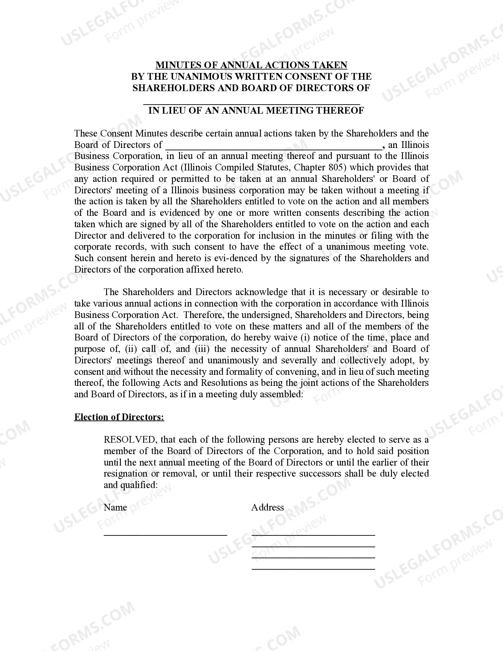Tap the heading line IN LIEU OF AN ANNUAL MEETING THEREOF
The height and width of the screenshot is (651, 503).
point(256,110)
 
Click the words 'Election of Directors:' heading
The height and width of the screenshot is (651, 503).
point(119,417)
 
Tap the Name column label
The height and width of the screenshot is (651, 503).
point(115,507)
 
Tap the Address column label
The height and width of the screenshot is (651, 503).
point(267,507)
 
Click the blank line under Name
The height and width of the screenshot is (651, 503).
point(165,535)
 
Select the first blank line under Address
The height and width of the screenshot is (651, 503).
point(313,535)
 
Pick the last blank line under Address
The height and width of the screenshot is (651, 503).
point(313,569)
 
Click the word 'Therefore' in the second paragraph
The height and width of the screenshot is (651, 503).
point(203,315)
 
